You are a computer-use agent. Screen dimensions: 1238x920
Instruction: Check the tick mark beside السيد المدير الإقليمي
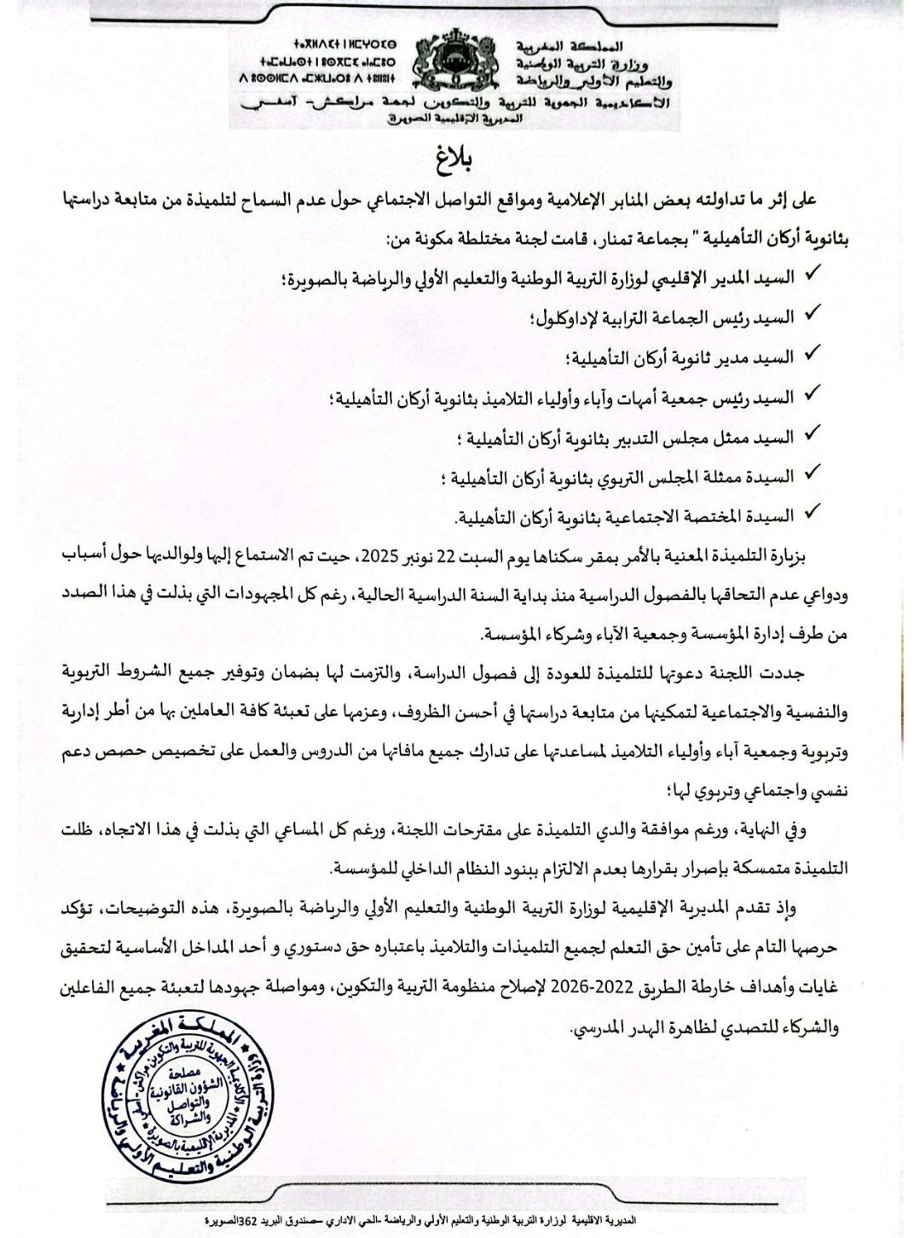[x=813, y=276]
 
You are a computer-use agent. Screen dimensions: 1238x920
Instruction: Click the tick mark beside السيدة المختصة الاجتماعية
[x=813, y=514]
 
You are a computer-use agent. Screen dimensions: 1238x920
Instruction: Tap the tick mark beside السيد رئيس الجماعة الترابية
[x=813, y=316]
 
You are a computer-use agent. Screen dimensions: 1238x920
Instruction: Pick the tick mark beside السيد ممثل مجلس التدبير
[x=813, y=434]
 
